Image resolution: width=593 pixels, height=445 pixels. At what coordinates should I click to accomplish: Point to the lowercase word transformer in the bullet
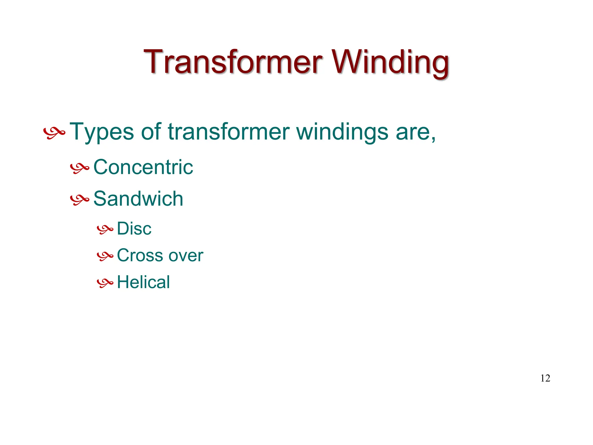click(x=229, y=132)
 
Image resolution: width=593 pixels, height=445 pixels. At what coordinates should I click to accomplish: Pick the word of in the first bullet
click(x=151, y=132)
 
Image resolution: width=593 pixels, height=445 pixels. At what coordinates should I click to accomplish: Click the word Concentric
click(x=143, y=167)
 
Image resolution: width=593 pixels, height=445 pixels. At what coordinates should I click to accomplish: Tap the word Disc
click(x=134, y=229)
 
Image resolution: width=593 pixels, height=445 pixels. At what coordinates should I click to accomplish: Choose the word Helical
click(x=143, y=282)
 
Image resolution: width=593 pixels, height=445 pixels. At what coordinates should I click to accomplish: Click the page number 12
click(x=545, y=378)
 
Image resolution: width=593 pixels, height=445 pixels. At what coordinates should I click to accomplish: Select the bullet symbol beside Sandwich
click(x=79, y=200)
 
